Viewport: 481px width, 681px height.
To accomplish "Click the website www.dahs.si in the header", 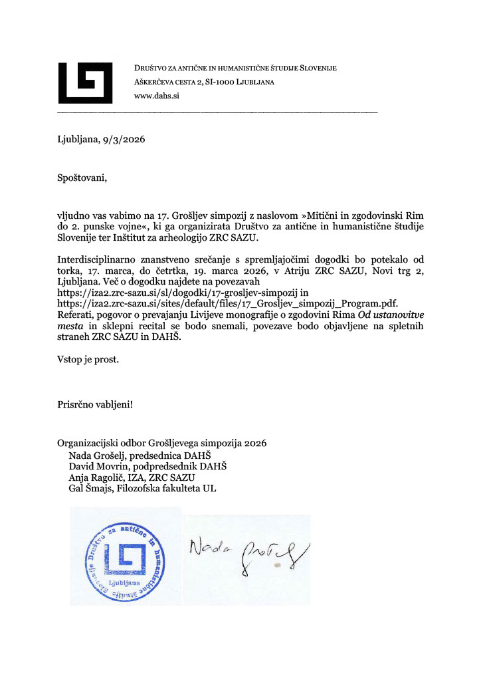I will [x=157, y=96].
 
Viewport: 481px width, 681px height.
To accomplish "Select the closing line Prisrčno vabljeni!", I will [x=95, y=404].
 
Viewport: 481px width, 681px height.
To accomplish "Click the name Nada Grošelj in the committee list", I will [x=97, y=456].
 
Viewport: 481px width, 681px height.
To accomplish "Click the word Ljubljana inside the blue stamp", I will [x=126, y=582].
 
